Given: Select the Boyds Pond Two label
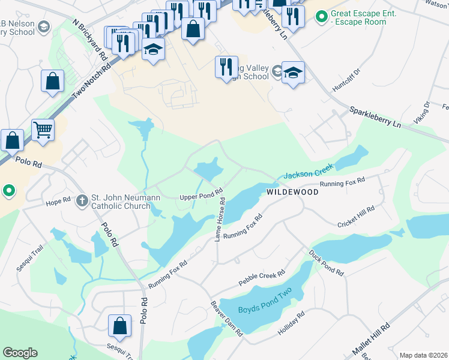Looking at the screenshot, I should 265,310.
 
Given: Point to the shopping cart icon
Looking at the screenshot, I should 43,129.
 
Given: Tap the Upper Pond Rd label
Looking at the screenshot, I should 201,197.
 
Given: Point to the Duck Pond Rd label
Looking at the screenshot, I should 327,263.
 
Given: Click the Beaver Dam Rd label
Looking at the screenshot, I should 226,318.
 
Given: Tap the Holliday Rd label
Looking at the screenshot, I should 291,323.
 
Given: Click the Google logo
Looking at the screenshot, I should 20,353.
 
